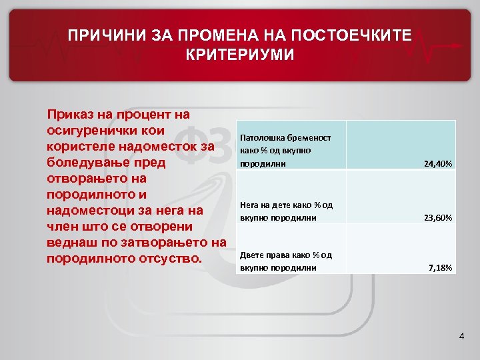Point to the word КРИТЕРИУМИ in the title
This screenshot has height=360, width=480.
[240, 54]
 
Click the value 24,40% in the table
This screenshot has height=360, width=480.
[437, 163]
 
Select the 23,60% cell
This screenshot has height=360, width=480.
[437, 217]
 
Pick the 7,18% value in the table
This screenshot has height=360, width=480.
[440, 268]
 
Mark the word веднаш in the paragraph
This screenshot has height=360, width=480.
[70, 241]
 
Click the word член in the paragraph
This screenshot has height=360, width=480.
[62, 226]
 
